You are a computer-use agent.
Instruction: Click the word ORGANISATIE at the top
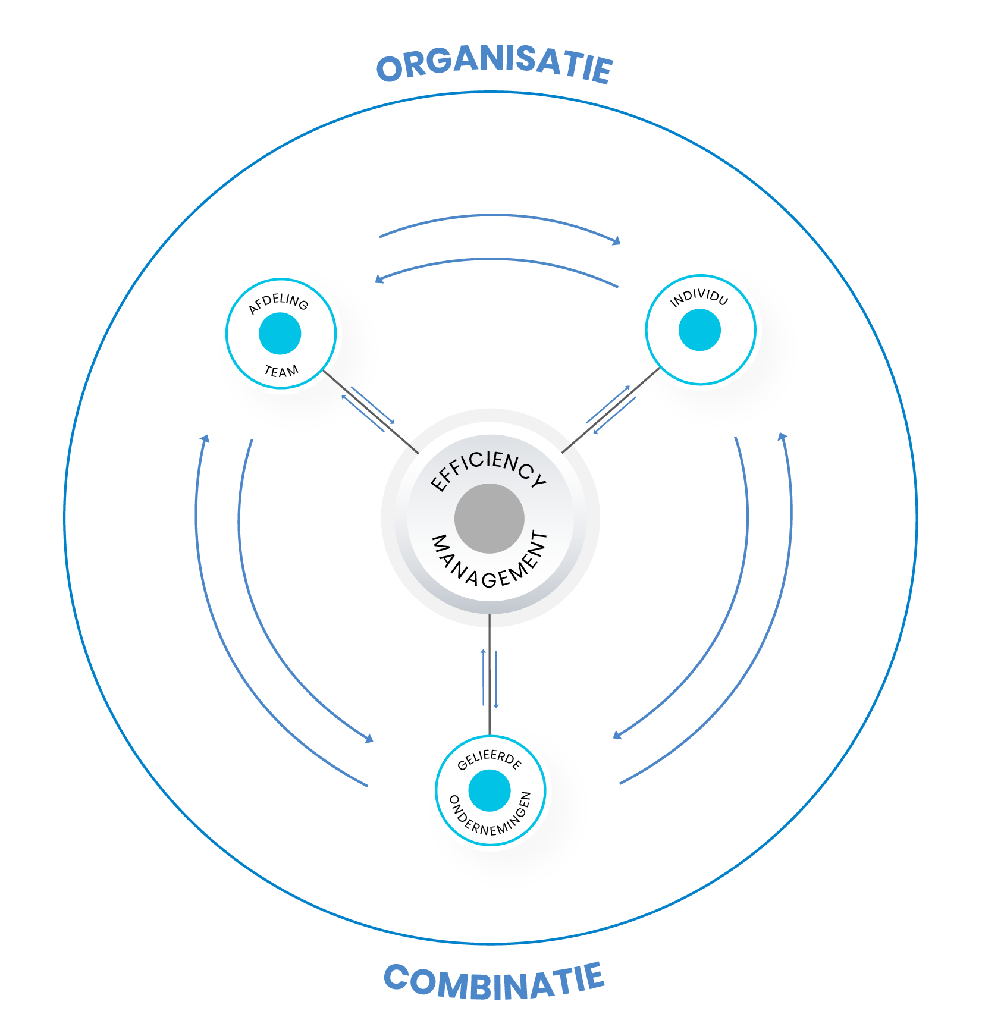494,65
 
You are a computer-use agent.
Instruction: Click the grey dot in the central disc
490,518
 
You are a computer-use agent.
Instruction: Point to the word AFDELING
278,303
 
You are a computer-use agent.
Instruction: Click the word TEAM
281,372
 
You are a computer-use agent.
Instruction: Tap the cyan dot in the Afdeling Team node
280,334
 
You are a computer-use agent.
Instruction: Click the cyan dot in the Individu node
699,330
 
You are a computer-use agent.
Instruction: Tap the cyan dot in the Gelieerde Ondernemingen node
490,790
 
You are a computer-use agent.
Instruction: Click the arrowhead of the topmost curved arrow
617,241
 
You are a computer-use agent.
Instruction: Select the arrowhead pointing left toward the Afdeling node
379,278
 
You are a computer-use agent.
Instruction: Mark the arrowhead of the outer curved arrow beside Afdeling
205,439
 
